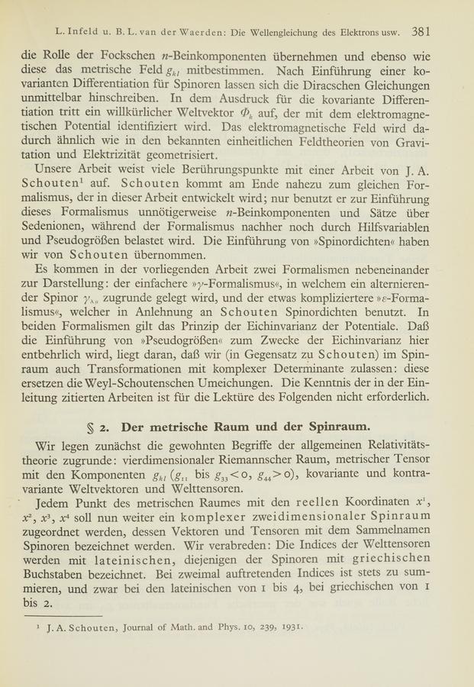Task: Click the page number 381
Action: pos(423,32)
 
